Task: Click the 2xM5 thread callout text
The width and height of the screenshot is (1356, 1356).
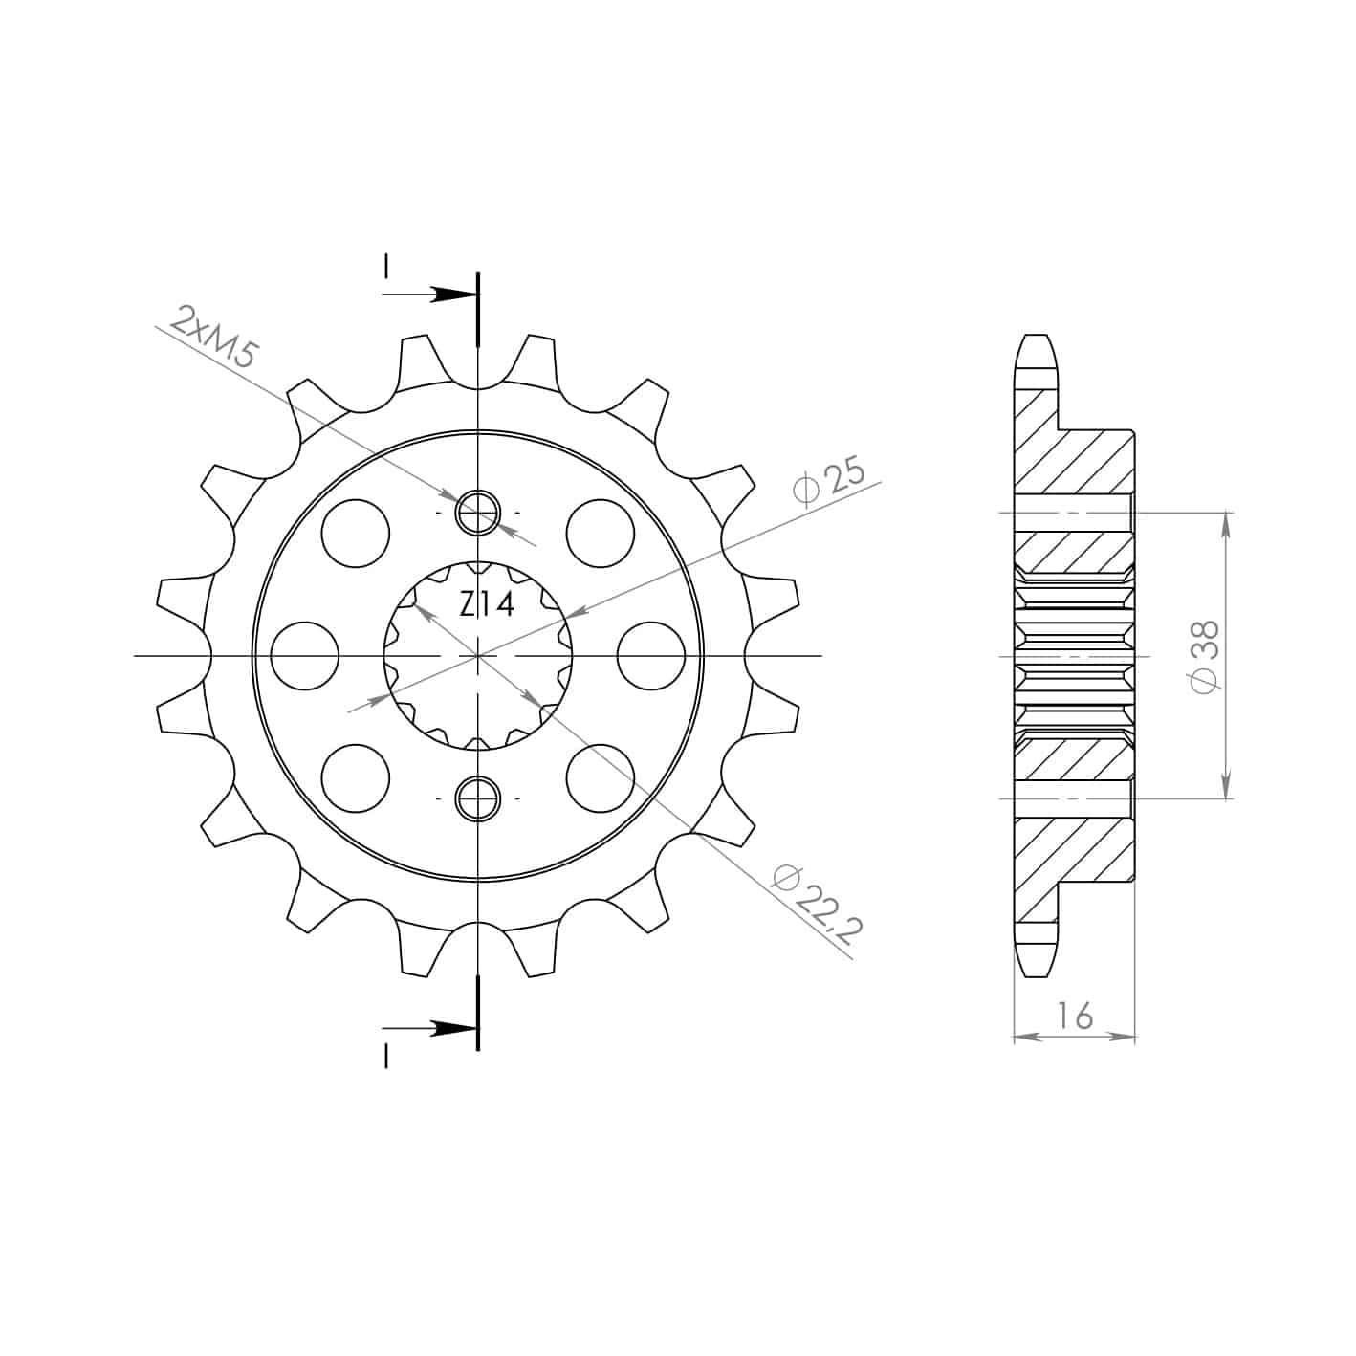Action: pyautogui.click(x=211, y=337)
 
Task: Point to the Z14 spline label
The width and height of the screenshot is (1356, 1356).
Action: pyautogui.click(x=487, y=604)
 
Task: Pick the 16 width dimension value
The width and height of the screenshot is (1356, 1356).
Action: pyautogui.click(x=1075, y=1016)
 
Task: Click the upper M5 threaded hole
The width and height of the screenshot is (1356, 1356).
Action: pyautogui.click(x=478, y=512)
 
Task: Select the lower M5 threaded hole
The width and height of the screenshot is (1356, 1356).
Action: pyautogui.click(x=478, y=798)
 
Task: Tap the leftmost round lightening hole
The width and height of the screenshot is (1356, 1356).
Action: pyautogui.click(x=305, y=655)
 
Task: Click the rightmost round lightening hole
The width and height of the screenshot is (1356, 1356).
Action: pyautogui.click(x=651, y=655)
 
